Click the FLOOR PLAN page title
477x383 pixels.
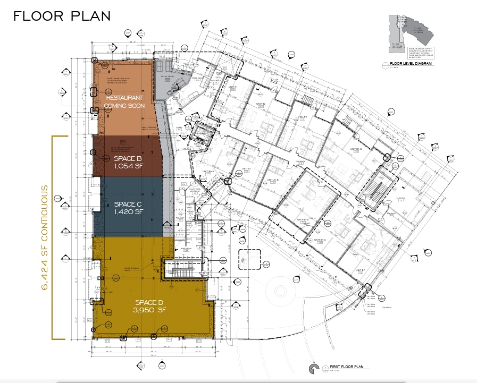(62, 16)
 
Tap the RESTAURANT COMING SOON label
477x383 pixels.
(125, 101)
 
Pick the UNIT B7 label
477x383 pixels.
(361, 271)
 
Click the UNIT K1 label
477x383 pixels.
(246, 168)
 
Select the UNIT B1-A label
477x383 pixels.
(304, 219)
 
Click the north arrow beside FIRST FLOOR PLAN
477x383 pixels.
(313, 368)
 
